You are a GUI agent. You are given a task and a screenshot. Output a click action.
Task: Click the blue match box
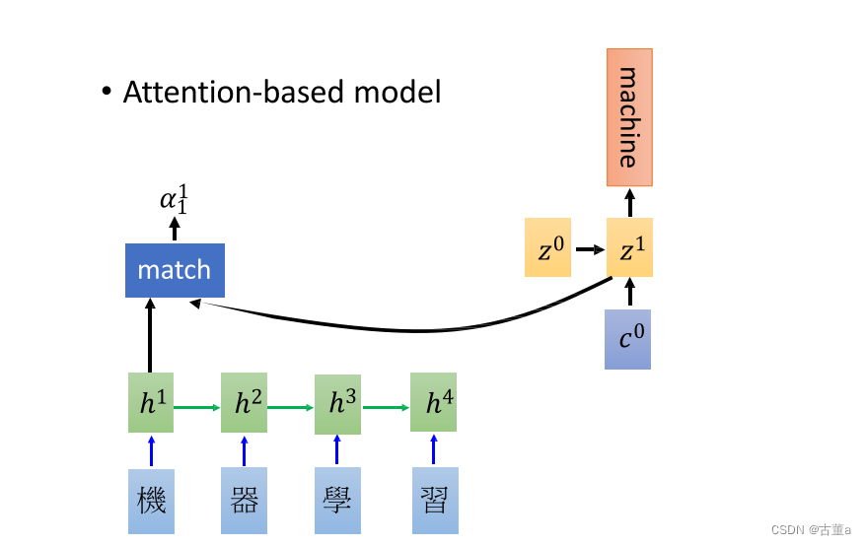[x=175, y=270]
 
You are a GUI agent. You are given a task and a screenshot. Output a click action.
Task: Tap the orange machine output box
[x=628, y=117]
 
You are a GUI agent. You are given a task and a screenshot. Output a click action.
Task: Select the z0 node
[x=547, y=250]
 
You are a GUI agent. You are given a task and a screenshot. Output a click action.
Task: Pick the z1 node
[x=628, y=250]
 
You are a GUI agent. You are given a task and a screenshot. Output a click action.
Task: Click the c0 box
[x=627, y=340]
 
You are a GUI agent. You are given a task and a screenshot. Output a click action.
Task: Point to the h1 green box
[x=151, y=402]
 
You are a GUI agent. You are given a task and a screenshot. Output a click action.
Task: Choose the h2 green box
[x=245, y=402]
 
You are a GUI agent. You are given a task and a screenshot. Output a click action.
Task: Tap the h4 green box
[x=434, y=402]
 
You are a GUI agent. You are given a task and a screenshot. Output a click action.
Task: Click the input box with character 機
[x=151, y=502]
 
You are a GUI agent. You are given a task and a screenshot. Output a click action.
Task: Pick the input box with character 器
[x=245, y=502]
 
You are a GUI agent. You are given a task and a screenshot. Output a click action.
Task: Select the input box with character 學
[x=338, y=502]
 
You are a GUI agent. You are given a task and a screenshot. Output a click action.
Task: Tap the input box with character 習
[x=434, y=502]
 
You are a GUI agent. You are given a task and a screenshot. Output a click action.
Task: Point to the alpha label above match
[x=175, y=200]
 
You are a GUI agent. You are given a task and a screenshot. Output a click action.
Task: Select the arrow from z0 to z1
[x=589, y=250]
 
